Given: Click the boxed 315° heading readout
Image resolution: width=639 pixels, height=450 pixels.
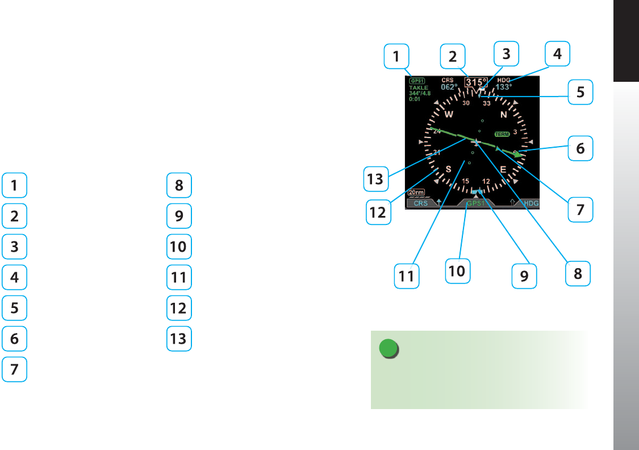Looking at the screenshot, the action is click(x=476, y=82).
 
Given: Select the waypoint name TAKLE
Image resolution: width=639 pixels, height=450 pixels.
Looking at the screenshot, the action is click(x=419, y=88).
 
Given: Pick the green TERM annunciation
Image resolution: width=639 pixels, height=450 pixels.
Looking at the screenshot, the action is click(x=502, y=134).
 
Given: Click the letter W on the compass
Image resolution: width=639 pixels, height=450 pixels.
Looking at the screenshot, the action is click(x=449, y=114).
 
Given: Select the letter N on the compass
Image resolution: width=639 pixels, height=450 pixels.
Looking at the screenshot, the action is click(x=504, y=114).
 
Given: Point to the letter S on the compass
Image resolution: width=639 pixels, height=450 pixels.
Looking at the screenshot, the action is click(x=449, y=169).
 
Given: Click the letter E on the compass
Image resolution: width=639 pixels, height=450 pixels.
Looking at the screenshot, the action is click(x=503, y=169).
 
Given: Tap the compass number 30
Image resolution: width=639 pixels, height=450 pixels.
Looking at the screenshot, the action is click(x=466, y=103).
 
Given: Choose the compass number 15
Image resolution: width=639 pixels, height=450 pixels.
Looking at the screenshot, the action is click(x=466, y=181).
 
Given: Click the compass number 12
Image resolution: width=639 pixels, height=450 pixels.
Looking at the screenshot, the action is click(x=486, y=181).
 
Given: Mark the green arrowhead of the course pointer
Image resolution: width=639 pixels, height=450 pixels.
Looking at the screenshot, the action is click(x=517, y=155).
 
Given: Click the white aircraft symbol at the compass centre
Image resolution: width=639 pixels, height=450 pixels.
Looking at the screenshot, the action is click(x=476, y=141).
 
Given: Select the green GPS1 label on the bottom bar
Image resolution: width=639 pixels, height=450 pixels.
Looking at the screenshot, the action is click(x=475, y=203).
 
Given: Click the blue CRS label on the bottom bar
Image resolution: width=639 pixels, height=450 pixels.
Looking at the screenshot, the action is click(x=420, y=203).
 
